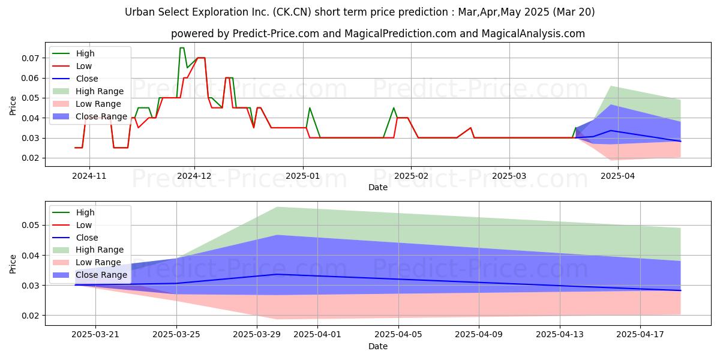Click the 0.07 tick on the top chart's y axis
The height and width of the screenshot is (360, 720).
(x=30, y=58)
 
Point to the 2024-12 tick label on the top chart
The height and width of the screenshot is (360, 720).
(x=194, y=176)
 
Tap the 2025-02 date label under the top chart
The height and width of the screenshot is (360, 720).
(x=411, y=176)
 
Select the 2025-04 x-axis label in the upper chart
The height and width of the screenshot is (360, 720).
(x=618, y=176)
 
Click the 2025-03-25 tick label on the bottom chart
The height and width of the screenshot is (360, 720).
(x=176, y=334)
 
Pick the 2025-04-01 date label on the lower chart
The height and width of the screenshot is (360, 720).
(x=317, y=334)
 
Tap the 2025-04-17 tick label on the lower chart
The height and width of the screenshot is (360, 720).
(x=640, y=334)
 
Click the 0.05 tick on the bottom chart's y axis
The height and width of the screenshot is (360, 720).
(x=30, y=225)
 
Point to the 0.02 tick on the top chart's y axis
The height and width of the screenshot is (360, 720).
(x=30, y=158)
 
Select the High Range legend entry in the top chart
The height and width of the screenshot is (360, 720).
(x=88, y=91)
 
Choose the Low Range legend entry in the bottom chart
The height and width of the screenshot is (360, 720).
(x=87, y=262)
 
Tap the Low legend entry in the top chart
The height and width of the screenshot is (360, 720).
(x=72, y=66)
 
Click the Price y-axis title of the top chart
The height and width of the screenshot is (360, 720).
(x=13, y=106)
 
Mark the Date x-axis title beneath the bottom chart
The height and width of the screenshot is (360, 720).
(x=378, y=346)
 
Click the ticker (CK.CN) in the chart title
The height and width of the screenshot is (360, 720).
(x=292, y=12)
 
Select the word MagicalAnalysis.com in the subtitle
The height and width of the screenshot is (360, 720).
(x=533, y=34)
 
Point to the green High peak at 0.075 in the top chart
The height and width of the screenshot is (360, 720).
(x=182, y=48)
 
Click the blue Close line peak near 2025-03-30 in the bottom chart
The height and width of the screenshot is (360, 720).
(x=277, y=274)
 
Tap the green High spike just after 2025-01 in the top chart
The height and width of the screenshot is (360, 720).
(x=310, y=107)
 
